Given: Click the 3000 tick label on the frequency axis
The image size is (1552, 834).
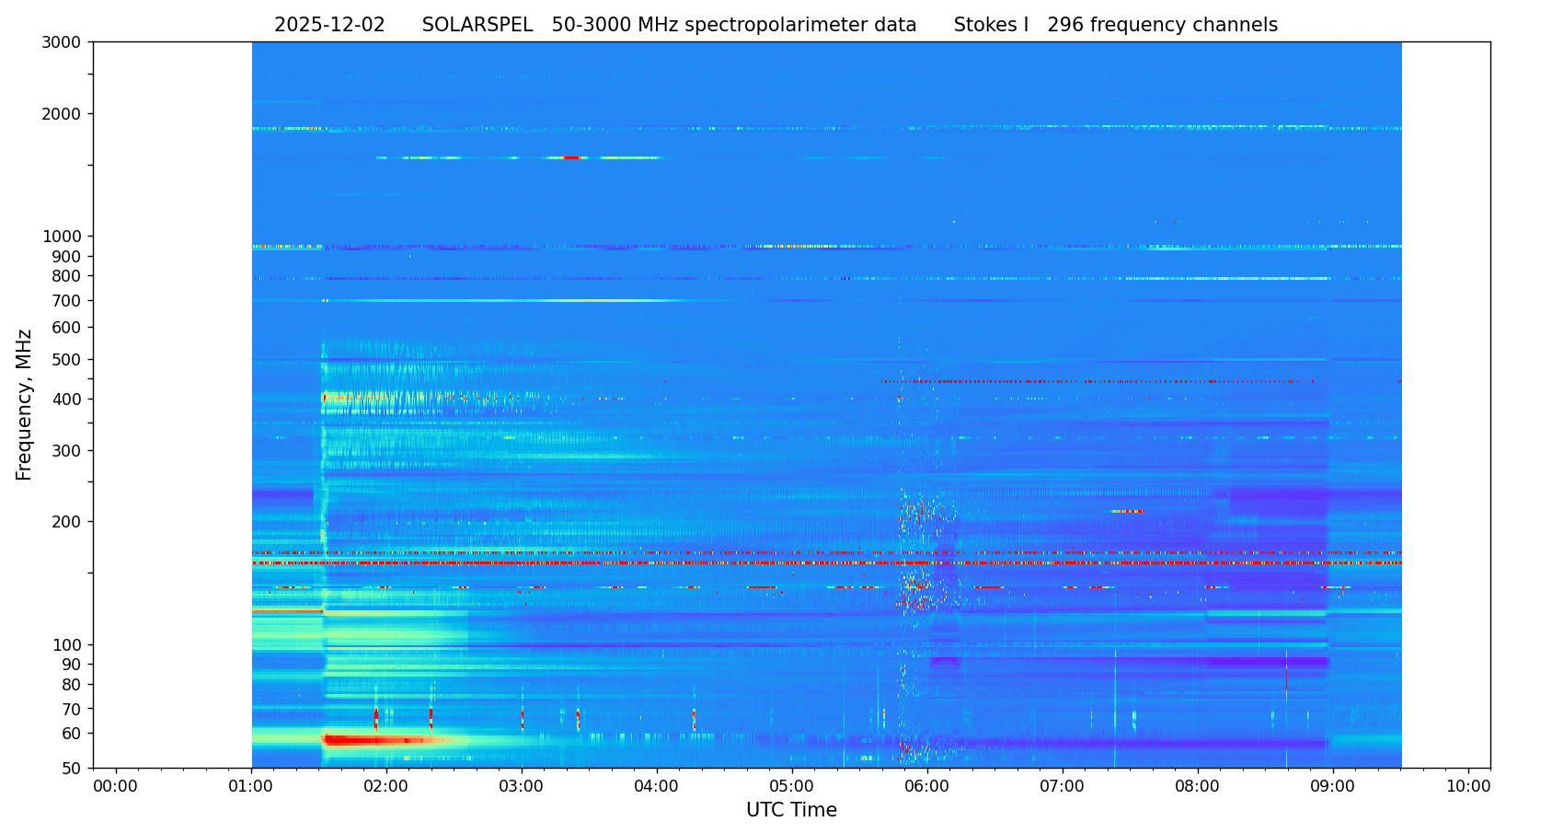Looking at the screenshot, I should tap(65, 42).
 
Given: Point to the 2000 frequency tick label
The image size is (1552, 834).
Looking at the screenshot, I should tap(65, 114).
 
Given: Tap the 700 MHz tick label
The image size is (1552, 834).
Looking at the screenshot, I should tap(69, 301).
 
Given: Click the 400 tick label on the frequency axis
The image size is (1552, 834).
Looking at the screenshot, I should tap(69, 400).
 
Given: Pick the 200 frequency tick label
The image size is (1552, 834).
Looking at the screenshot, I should tap(69, 522).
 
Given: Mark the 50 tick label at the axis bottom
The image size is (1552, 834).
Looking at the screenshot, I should tap(73, 769).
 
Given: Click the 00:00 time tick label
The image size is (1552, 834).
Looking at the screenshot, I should tap(116, 787).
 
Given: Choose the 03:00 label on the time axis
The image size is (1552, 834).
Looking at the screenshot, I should tap(522, 787).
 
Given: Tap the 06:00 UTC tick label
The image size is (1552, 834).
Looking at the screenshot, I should tap(927, 787).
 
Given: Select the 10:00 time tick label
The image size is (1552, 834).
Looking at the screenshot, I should tap(1468, 787).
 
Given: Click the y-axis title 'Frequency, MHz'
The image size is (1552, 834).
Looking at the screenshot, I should tap(25, 404).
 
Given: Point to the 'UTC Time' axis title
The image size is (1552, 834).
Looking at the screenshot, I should tap(791, 811).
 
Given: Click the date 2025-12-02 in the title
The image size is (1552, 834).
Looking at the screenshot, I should tap(329, 26).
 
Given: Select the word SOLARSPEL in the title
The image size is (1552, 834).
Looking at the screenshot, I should tap(477, 26).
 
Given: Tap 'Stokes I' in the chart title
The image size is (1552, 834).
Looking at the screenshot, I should tap(991, 26).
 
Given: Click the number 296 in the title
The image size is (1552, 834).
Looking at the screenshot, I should tap(1065, 26).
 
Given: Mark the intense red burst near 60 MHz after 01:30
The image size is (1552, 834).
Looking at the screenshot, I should tap(377, 740).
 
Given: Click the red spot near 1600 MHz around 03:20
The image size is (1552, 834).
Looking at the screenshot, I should tap(571, 158).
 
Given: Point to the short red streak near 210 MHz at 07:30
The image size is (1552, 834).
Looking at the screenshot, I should tap(1128, 511).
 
